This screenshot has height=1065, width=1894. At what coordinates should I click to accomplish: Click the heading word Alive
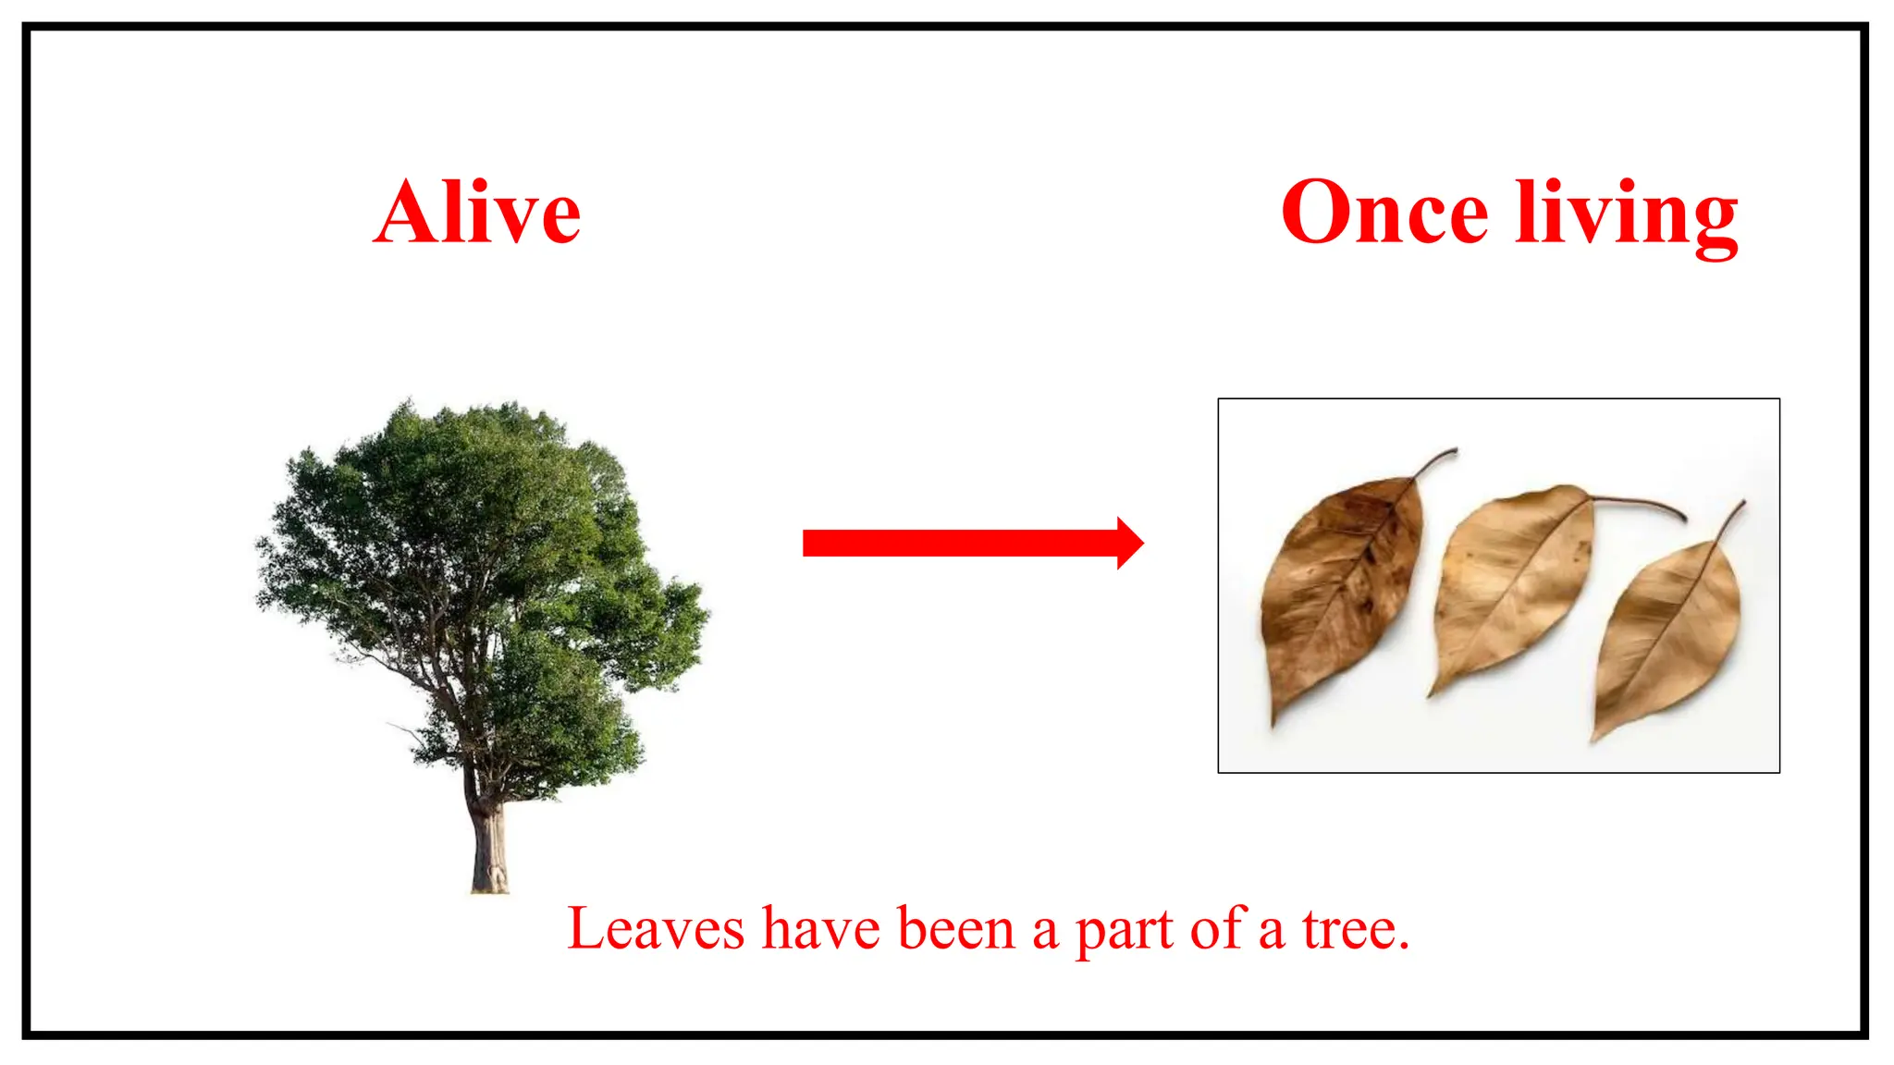point(477,214)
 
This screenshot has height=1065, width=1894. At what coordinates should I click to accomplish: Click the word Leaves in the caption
point(656,929)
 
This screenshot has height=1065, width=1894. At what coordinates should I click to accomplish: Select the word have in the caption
point(820,929)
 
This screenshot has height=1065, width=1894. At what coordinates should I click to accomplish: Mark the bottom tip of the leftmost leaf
point(1274,721)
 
